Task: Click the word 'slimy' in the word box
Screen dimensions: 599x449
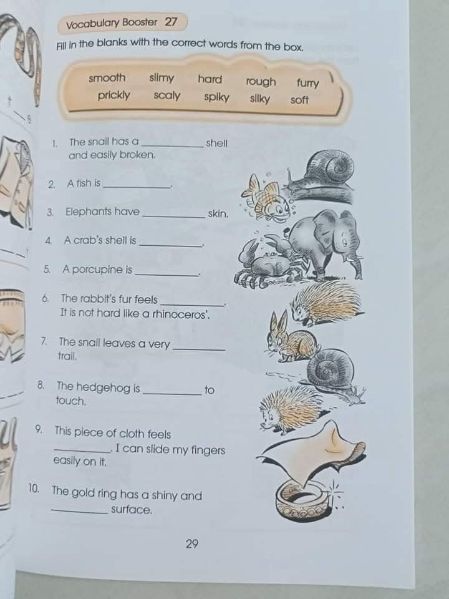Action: click(x=162, y=79)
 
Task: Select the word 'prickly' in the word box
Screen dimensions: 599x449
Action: click(x=114, y=95)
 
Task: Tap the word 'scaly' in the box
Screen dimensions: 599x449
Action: click(x=167, y=96)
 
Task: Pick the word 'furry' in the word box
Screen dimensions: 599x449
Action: click(x=307, y=83)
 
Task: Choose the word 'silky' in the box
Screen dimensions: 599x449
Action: click(x=260, y=99)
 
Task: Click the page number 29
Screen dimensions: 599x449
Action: click(x=192, y=543)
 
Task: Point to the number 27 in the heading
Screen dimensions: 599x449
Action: click(x=171, y=22)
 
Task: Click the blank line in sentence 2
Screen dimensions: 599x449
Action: click(x=137, y=186)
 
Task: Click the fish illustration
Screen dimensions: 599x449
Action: click(x=266, y=198)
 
